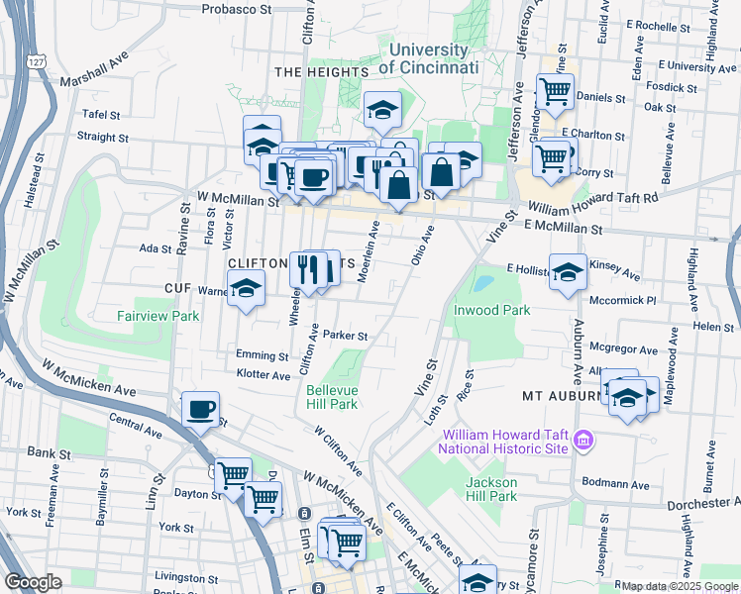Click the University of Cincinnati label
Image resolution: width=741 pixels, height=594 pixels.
(428, 58)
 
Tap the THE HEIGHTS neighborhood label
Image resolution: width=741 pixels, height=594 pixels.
(314, 72)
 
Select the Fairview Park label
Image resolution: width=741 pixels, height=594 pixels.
(159, 317)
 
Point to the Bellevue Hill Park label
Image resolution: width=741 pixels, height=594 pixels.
(331, 397)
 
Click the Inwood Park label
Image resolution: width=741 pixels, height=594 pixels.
(491, 310)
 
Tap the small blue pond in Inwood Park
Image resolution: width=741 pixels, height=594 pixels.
(482, 284)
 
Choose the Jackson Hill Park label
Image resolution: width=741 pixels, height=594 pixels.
(491, 489)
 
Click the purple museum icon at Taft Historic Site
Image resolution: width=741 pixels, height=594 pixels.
(583, 441)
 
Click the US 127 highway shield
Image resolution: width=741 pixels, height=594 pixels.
(37, 61)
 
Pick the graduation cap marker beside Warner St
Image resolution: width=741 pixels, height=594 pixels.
(246, 289)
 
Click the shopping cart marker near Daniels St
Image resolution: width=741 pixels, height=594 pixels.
(555, 92)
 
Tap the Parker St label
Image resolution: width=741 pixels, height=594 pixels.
(345, 336)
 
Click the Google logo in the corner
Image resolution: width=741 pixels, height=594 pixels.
(33, 583)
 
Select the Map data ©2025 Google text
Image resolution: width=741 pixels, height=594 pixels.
(679, 586)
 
